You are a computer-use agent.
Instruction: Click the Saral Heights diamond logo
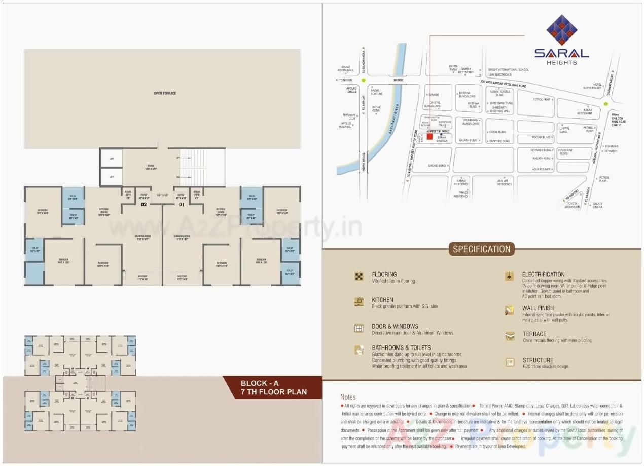(x=561, y=30)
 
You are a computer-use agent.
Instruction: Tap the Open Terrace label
(x=165, y=93)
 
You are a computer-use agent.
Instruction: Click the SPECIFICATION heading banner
(x=481, y=249)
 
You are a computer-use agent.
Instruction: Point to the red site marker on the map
(x=430, y=137)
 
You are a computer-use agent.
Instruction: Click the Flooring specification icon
(x=359, y=276)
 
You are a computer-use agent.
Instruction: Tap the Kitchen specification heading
(x=382, y=300)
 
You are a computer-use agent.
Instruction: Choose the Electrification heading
(x=543, y=274)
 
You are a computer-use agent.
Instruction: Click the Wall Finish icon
(x=510, y=310)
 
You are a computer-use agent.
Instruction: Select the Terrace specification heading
(x=534, y=334)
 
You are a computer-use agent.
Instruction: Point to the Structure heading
(x=538, y=360)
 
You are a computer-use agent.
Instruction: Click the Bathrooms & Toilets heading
(x=401, y=347)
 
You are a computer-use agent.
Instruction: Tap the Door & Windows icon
(x=359, y=328)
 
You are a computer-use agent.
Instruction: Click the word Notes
(x=348, y=397)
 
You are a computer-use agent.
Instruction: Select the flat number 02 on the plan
(x=144, y=204)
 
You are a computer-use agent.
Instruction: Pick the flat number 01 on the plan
(x=181, y=204)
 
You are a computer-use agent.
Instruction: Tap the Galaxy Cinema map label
(x=597, y=205)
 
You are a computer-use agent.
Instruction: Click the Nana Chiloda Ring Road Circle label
(x=619, y=120)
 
